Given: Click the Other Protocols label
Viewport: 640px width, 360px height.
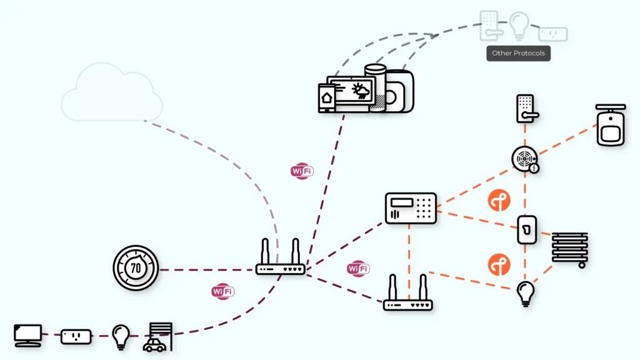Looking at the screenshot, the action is click(x=518, y=53).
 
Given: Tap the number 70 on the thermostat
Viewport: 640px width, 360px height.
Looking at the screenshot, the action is click(x=136, y=268).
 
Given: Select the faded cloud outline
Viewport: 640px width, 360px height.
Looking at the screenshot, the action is click(x=111, y=92).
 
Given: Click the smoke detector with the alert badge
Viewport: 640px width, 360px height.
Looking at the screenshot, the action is click(x=525, y=159).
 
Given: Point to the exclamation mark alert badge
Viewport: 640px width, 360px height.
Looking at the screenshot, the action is click(x=534, y=167).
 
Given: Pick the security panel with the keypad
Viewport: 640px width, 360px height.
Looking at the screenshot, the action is click(x=411, y=208).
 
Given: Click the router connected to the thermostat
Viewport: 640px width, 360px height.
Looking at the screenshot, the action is click(x=281, y=257).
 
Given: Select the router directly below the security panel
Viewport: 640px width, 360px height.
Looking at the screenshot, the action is click(x=407, y=292).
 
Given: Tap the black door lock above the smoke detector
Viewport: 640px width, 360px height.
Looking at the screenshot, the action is click(x=527, y=109).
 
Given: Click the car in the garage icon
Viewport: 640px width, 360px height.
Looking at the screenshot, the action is click(x=154, y=345).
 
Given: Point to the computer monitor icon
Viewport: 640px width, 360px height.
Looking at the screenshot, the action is click(x=27, y=336).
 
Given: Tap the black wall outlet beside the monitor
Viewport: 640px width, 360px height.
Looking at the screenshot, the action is click(x=76, y=337).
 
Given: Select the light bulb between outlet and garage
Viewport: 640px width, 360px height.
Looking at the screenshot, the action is click(x=121, y=337).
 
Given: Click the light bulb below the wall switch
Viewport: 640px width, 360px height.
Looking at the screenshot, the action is click(x=526, y=294).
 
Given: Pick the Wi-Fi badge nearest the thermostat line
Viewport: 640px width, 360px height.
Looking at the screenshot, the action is click(x=223, y=291).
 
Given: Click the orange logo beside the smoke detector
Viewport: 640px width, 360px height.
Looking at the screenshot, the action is click(x=499, y=201).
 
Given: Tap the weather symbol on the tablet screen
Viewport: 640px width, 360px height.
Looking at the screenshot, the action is click(x=361, y=91).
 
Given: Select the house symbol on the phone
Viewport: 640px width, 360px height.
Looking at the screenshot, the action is click(x=326, y=98).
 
